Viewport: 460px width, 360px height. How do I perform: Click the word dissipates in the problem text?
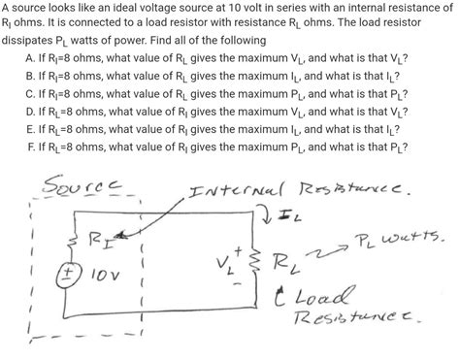click(x=29, y=42)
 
